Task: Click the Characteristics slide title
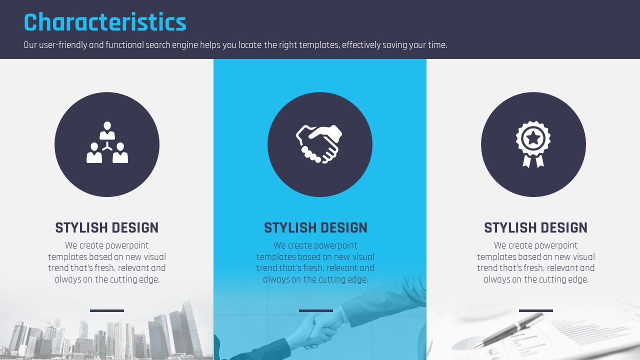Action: (x=105, y=22)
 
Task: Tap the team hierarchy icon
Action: (x=107, y=142)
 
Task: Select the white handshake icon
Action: (x=319, y=144)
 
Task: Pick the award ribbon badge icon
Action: (x=533, y=144)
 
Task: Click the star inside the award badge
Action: (x=533, y=138)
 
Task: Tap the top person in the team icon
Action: (x=107, y=130)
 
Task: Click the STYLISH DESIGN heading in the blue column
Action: (x=315, y=227)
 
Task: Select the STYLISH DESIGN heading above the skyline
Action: (x=107, y=227)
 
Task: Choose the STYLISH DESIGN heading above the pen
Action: (x=535, y=227)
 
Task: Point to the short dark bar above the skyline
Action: (x=107, y=310)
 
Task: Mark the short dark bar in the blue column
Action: (x=315, y=310)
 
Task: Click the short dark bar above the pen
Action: (x=535, y=310)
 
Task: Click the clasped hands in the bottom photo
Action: (x=320, y=328)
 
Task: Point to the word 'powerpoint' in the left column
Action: (x=128, y=245)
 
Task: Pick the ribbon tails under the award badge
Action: (x=533, y=161)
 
